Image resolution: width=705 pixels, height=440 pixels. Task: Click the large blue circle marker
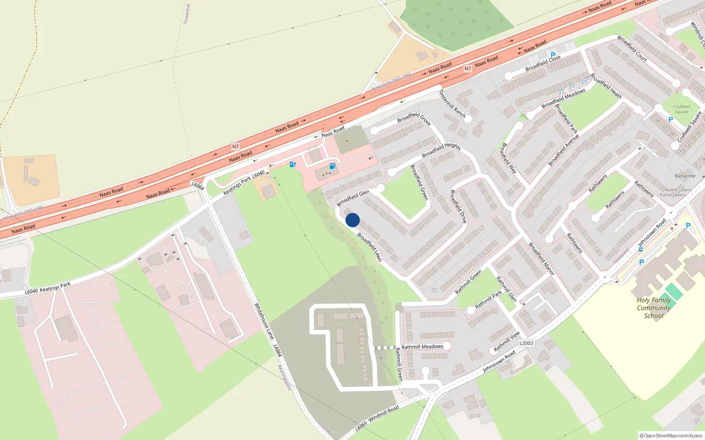[352, 220]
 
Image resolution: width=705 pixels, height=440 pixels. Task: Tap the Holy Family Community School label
[654, 308]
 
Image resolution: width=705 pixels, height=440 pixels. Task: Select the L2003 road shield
[526, 343]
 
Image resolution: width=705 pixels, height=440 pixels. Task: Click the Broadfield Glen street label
[353, 198]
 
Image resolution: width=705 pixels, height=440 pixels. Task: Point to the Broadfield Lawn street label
[369, 247]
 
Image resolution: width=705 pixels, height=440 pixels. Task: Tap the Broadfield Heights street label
[441, 150]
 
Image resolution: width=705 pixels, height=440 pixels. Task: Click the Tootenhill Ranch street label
[452, 104]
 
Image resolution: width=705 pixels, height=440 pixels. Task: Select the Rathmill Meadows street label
[422, 347]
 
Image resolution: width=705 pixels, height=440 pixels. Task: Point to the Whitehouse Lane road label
[264, 321]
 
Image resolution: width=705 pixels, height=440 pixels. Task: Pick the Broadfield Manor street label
[541, 259]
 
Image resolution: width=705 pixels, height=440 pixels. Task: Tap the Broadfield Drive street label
[458, 206]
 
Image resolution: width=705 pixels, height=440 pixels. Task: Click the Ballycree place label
[685, 176]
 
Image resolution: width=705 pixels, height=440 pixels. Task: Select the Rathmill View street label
[507, 341]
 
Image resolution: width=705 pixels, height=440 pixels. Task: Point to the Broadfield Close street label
[543, 63]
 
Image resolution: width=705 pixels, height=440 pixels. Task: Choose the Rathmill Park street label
[488, 300]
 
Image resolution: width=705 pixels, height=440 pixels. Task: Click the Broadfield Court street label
[632, 48]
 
